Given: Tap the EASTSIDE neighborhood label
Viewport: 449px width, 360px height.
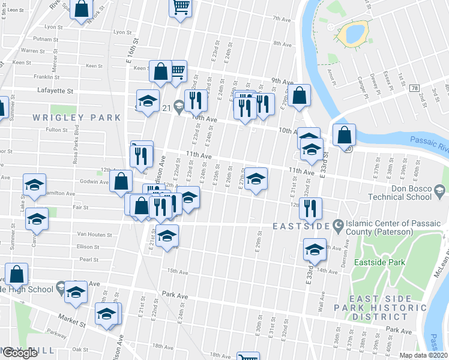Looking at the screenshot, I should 300,226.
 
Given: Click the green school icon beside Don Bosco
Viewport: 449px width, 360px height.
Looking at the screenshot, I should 440,190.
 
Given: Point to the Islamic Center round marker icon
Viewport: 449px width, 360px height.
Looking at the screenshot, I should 339,226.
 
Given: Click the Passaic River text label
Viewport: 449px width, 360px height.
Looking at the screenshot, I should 429,143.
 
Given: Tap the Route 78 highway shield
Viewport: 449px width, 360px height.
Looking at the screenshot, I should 415,88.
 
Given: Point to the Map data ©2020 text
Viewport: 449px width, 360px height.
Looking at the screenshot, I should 424,355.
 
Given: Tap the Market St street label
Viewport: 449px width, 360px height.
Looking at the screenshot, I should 71,322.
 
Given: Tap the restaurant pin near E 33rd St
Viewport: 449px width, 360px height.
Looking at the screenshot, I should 310,208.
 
